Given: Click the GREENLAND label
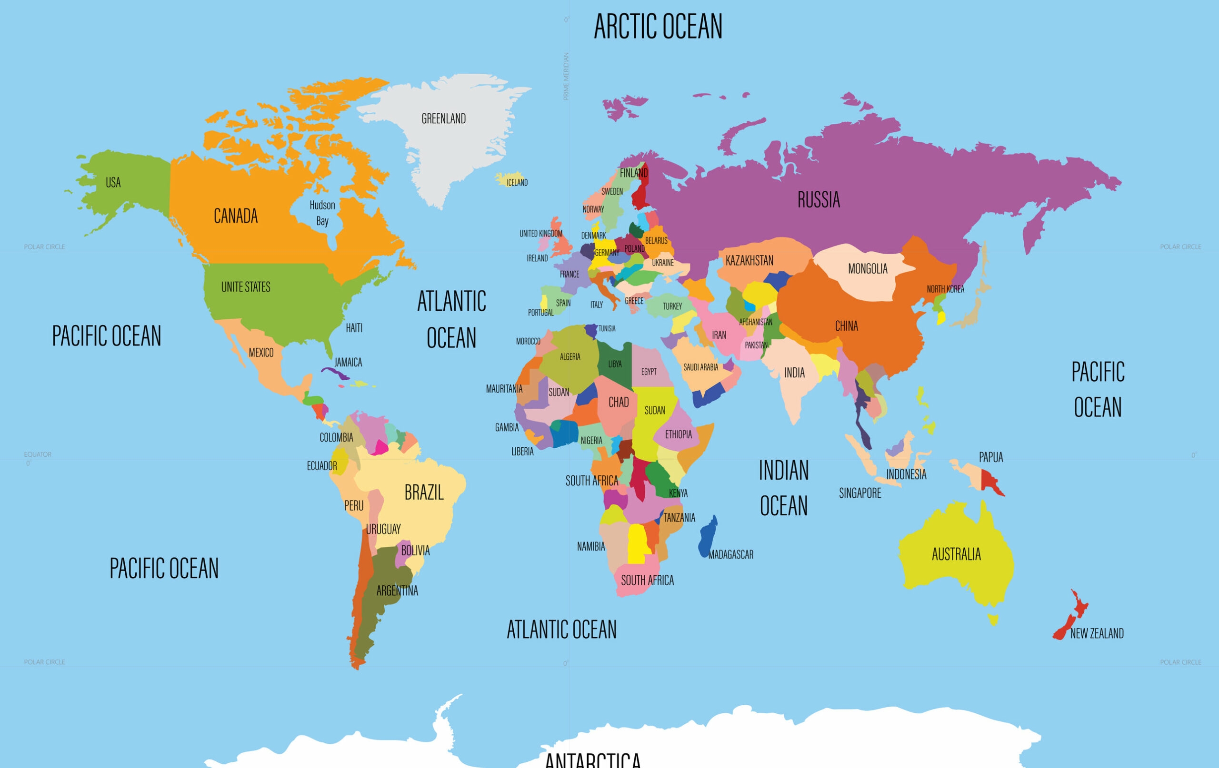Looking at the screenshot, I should pos(443,118).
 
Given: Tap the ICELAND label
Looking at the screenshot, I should pos(517,182).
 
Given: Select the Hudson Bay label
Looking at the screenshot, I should pos(322,213).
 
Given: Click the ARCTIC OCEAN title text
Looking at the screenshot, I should pos(658,26).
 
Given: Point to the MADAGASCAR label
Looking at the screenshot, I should pos(730,554).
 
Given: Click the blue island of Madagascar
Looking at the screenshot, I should pos(707,538).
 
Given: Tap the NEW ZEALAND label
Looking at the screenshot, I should pos(1097,633).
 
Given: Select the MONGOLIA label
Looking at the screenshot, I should pos(868,269).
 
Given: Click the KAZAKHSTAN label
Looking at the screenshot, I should pos(749,261).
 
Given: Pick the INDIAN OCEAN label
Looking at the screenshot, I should pos(784,488).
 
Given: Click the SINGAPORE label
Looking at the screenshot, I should pos(859,493).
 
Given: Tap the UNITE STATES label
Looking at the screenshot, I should pos(246,287).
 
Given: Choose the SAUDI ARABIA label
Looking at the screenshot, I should pos(700,367).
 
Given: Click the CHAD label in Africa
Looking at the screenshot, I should pos(618,402).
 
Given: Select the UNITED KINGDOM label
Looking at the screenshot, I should pos(540,233).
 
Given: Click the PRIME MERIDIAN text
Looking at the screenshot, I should pos(567,76).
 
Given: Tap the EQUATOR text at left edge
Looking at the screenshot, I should pos(38,454).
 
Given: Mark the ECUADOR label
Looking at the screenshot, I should pos(321,465).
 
